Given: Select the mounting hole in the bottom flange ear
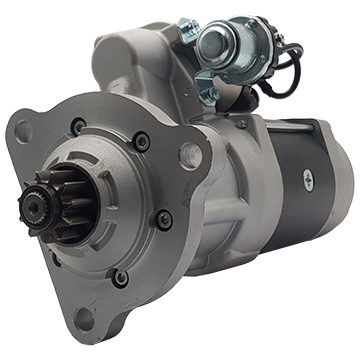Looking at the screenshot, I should tap(84, 319).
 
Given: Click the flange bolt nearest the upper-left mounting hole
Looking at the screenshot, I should tap(79, 126).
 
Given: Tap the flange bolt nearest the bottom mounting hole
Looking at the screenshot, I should tap(120, 278).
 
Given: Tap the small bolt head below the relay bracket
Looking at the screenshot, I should tap(242, 123).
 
